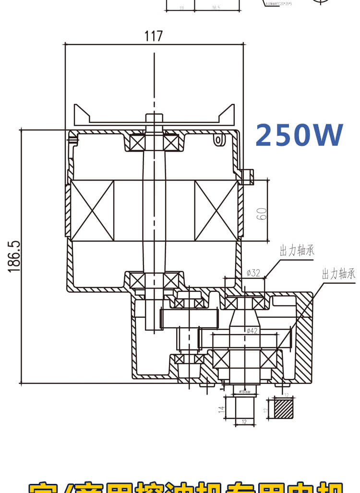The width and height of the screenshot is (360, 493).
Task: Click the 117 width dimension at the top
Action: (154, 36)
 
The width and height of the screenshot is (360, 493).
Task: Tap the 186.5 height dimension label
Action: (14, 257)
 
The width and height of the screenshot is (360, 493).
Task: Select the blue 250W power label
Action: (299, 135)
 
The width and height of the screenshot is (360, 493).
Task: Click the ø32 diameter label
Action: (253, 273)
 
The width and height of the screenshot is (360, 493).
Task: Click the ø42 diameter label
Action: (252, 330)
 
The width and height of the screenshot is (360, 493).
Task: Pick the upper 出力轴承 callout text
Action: (297, 251)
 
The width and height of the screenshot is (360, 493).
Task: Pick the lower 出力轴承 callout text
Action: (338, 274)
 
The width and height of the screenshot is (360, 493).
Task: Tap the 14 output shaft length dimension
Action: (221, 409)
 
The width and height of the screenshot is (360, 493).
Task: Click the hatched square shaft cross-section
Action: (283, 409)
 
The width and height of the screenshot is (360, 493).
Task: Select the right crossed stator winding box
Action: (216, 210)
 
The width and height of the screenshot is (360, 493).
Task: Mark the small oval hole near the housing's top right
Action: (218, 140)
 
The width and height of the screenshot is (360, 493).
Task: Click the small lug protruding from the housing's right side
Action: (248, 177)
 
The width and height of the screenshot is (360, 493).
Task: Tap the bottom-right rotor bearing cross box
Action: (171, 280)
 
